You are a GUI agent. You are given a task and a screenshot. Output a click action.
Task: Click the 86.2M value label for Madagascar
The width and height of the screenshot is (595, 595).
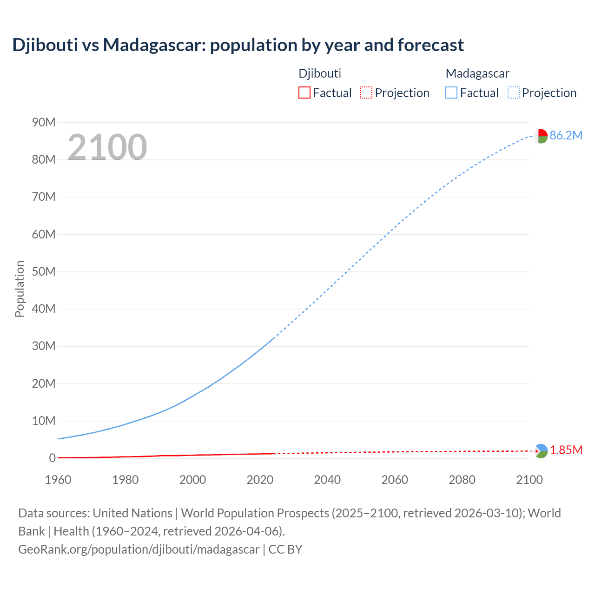566,135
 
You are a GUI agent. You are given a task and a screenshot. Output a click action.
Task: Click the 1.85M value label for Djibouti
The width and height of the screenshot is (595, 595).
566,450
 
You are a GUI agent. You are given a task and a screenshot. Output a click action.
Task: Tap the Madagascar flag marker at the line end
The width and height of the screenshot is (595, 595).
541,136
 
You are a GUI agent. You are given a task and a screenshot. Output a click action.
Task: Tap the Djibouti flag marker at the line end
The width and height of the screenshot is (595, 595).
541,451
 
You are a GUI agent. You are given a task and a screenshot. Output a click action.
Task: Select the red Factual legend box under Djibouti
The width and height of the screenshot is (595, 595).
304,93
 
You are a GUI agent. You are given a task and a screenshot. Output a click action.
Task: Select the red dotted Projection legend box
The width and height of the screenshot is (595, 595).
366,93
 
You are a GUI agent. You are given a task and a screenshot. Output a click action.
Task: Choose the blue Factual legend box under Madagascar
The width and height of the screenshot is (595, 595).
451,93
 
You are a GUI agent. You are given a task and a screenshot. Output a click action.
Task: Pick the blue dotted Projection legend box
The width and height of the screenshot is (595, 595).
513,93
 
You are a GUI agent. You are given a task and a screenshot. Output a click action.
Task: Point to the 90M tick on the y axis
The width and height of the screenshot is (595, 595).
44,122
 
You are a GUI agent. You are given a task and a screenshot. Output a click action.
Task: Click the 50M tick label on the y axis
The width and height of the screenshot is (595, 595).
44,271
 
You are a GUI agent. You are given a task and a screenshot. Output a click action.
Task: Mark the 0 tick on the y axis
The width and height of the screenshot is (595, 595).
52,458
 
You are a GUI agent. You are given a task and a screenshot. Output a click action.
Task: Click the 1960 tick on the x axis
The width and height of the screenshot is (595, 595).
58,480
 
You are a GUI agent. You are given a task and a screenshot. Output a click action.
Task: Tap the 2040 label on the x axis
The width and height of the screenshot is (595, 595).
327,480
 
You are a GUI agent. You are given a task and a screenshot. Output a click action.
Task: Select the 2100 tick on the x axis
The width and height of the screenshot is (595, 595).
529,480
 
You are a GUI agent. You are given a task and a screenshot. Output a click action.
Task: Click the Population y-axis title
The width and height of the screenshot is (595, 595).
20,289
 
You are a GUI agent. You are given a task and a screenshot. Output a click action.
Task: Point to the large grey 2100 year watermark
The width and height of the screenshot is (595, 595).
107,147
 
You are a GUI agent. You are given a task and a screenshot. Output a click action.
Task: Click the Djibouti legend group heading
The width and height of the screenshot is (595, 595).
320,73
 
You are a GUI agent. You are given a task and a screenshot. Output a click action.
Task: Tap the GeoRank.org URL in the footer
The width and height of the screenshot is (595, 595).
139,549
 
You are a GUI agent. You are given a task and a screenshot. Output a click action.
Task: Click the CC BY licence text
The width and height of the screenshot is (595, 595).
285,549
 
